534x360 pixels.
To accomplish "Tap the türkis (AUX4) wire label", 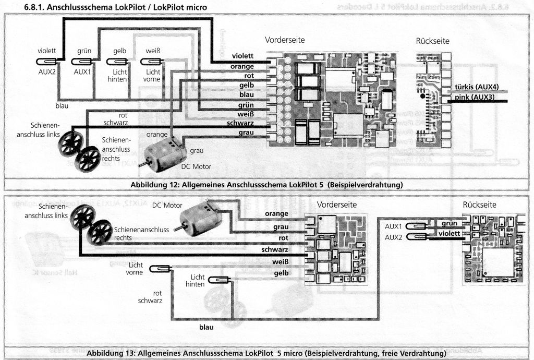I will pos(474,88).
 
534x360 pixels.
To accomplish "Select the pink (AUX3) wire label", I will pos(474,98).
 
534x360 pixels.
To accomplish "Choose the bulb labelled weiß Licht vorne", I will pos(153,62).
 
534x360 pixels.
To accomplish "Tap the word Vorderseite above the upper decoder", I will pos(285,40).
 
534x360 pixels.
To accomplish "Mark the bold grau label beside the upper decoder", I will pos(245,133).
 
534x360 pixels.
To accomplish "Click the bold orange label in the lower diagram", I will pos(277,214).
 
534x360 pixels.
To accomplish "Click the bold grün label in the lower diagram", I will pos(449,224).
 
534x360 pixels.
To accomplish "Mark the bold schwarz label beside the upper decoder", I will pos(241,123).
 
